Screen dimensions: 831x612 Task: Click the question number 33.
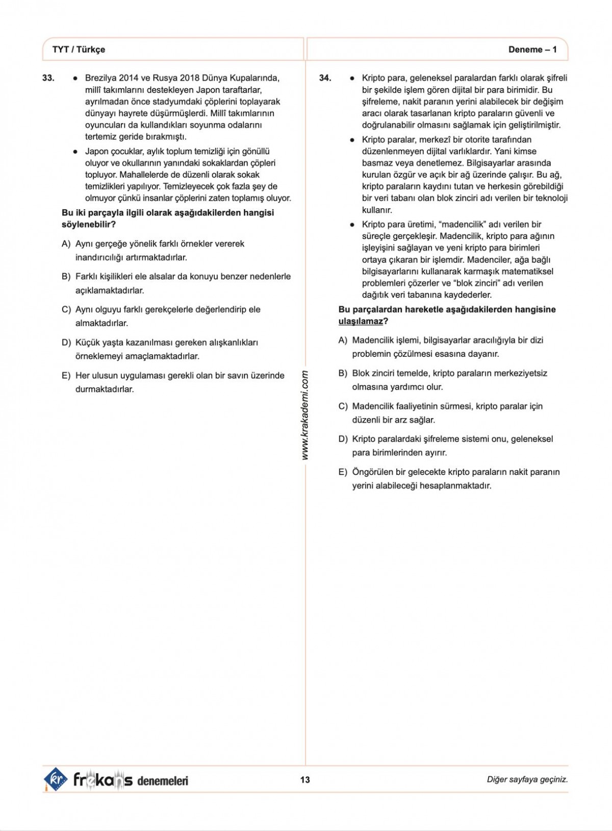(48, 78)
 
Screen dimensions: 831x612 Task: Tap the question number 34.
(325, 78)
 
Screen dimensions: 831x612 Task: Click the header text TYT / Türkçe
(79, 50)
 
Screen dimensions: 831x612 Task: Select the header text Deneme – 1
(532, 50)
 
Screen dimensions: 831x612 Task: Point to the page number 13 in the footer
(305, 779)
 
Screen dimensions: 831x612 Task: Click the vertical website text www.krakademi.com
(305, 415)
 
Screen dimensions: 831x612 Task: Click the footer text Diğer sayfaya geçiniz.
(527, 779)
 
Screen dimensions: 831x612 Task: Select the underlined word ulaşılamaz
(361, 321)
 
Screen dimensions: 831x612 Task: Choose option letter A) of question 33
(66, 244)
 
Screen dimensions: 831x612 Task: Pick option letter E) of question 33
(66, 376)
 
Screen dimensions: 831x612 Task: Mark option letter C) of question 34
(343, 406)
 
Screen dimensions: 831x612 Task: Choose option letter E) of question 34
(343, 472)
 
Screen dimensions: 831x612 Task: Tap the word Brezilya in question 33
(100, 78)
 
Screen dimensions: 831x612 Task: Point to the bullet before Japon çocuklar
(75, 152)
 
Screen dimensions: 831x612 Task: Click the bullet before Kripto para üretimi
(352, 225)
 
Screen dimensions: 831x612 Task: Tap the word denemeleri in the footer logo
(163, 780)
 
